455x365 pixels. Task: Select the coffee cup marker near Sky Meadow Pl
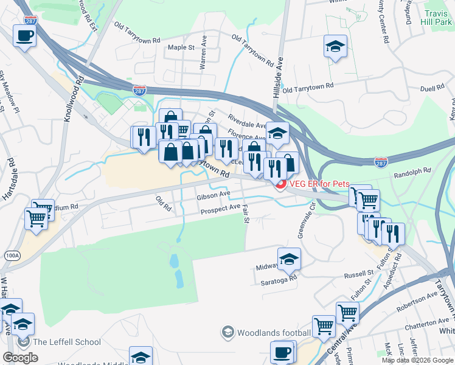coord(24,37)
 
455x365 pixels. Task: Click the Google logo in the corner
coord(20,358)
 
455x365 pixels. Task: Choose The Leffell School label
coord(66,342)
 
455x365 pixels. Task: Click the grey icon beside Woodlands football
coord(227,332)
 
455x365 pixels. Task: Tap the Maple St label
coord(181,47)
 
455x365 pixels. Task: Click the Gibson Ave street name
coord(213,196)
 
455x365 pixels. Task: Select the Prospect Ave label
coord(220,209)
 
